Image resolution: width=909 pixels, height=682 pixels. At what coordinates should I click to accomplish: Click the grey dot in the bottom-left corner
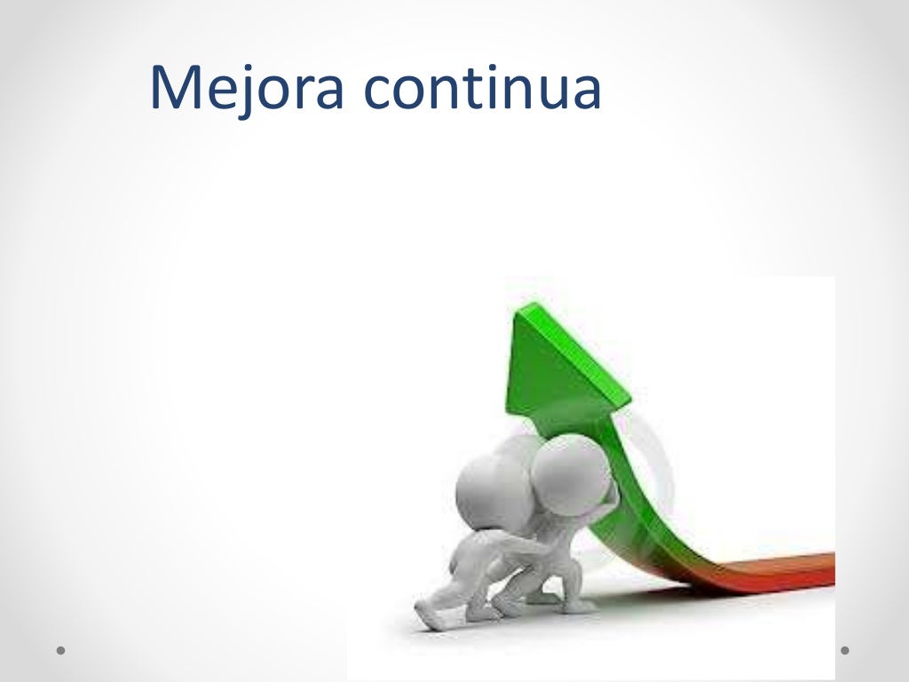point(61,650)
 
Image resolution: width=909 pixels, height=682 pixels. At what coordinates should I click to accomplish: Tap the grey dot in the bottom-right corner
point(845,650)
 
